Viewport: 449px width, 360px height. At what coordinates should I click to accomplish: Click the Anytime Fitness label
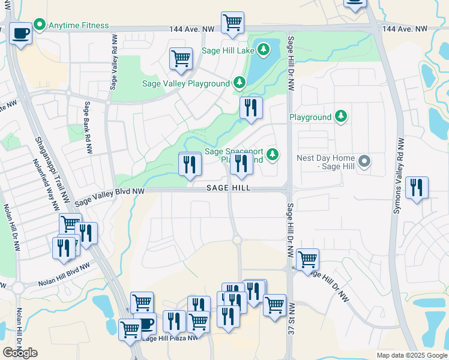[x=79, y=25]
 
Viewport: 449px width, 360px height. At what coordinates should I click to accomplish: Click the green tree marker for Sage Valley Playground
[x=240, y=83]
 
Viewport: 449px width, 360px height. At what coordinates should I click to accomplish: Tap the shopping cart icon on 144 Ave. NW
[x=232, y=22]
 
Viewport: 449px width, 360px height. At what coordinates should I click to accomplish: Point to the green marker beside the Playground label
[x=341, y=117]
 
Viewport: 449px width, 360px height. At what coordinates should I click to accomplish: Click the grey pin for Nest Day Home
[x=364, y=161]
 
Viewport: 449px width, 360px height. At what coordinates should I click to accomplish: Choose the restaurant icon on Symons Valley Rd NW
[x=416, y=188]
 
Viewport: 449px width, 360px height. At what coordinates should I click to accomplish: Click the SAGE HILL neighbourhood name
[x=228, y=188]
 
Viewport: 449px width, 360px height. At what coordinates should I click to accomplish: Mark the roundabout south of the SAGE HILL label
[x=237, y=240]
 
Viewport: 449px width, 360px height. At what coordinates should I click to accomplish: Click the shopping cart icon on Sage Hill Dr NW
[x=307, y=260]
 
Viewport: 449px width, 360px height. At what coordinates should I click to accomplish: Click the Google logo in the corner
[x=20, y=352]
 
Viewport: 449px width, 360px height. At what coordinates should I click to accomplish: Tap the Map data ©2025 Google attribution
[x=411, y=355]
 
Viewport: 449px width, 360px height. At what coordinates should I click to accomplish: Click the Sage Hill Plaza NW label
[x=170, y=338]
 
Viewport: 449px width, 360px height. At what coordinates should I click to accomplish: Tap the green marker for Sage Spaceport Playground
[x=273, y=155]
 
